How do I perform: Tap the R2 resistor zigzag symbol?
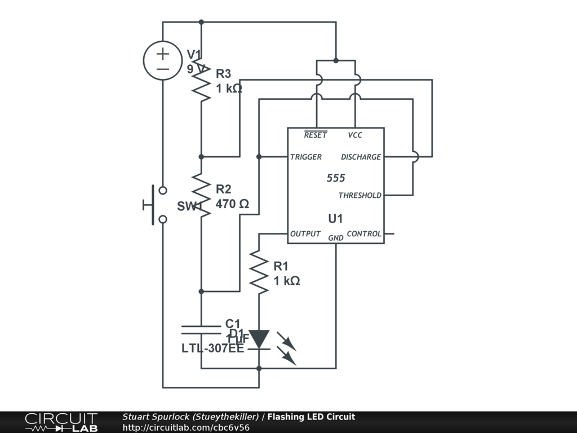point(201,195)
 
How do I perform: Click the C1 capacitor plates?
point(201,330)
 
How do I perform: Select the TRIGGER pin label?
point(306,157)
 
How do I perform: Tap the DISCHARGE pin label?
point(361,157)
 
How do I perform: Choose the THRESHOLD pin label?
point(359,196)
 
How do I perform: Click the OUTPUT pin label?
point(305,234)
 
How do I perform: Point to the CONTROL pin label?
point(364,234)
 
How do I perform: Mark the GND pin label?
point(336,238)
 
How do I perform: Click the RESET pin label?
point(315,135)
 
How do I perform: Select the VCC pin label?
point(355,135)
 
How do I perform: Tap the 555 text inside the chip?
point(336,178)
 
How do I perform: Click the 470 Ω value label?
point(232,204)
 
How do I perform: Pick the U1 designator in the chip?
point(335,218)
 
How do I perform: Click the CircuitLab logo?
point(61,422)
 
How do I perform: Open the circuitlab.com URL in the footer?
point(186,427)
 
